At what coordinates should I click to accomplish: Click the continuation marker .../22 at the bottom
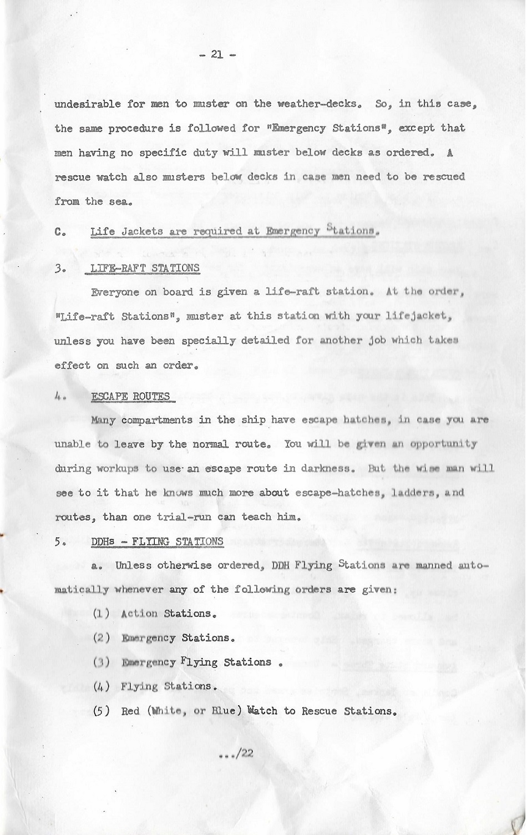coord(237,753)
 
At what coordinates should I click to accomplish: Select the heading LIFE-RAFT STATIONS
coord(145,268)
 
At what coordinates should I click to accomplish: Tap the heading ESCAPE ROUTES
coord(130,396)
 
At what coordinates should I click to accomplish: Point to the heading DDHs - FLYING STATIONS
coord(157,541)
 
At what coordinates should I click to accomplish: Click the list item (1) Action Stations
coord(154,614)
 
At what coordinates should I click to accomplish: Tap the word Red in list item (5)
coord(130,711)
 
